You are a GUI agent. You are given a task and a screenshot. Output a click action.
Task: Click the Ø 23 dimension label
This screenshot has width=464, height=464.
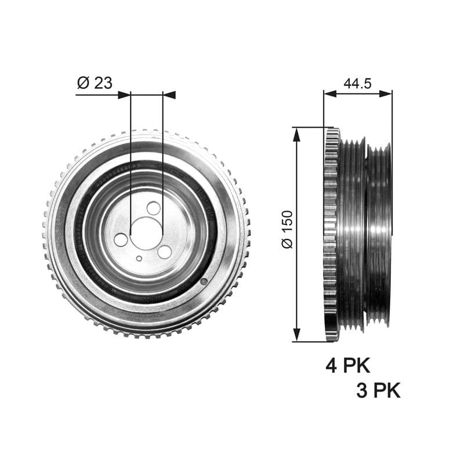[x=94, y=83]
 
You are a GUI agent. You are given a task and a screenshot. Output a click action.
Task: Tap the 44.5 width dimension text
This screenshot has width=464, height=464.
[x=357, y=83]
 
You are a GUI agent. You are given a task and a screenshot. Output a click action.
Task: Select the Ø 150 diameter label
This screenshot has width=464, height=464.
[x=287, y=229]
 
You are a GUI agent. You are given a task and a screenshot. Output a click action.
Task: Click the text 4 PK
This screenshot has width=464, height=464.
[x=347, y=365]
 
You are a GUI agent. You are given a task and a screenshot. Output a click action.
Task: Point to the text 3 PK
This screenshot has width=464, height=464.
[x=378, y=390]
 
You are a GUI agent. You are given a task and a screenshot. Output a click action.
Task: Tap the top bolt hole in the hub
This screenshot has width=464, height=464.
[x=154, y=208]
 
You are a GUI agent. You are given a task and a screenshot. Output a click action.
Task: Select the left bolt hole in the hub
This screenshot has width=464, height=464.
[x=121, y=240]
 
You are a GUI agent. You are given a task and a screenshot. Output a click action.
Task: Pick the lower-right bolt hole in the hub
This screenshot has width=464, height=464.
[x=165, y=252]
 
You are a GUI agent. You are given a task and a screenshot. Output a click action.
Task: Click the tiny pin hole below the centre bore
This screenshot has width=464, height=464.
[x=139, y=259]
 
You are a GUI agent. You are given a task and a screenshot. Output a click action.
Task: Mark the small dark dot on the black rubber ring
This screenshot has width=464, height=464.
[x=204, y=281]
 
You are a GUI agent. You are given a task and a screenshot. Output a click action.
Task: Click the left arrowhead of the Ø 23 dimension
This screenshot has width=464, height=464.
[x=124, y=95]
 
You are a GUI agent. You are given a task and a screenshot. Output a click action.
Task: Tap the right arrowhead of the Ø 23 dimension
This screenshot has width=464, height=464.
[x=169, y=95]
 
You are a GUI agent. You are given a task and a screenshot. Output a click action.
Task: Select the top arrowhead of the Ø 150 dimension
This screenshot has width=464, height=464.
[x=297, y=134]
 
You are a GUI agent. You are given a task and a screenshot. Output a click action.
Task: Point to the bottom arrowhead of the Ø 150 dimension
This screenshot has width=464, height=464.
[x=297, y=335]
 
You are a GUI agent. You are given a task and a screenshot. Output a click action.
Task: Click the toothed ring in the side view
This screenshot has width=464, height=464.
[x=331, y=235]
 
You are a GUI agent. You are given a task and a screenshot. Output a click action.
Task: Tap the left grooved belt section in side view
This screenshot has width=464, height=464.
[x=352, y=235]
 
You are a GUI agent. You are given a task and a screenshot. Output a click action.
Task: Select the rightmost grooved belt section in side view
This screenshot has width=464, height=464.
[x=379, y=235]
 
